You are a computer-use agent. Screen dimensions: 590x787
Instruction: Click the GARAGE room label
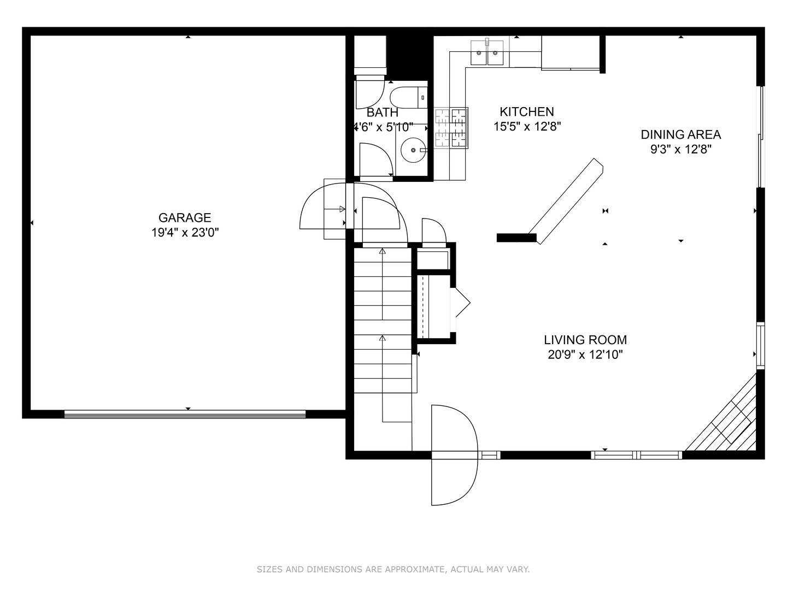click(x=185, y=217)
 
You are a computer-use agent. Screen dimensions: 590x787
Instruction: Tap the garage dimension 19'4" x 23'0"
click(x=185, y=233)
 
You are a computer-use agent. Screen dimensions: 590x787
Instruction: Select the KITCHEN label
click(x=527, y=112)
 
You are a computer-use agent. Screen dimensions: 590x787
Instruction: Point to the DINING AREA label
click(x=680, y=134)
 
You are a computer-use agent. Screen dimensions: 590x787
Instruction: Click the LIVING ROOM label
click(x=585, y=340)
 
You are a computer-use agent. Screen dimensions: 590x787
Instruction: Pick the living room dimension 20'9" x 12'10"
click(x=585, y=355)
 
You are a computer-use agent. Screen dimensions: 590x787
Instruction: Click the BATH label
click(x=382, y=113)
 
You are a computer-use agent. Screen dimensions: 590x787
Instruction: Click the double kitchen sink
click(x=487, y=54)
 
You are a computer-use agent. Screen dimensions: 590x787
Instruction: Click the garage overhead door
click(x=185, y=414)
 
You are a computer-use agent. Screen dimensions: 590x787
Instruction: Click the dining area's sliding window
click(x=760, y=137)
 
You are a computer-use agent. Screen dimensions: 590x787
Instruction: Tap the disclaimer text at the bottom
click(x=393, y=569)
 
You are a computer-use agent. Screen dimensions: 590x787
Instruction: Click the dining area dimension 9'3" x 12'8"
click(x=680, y=149)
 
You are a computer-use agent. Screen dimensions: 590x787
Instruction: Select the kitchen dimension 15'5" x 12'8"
click(x=527, y=127)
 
